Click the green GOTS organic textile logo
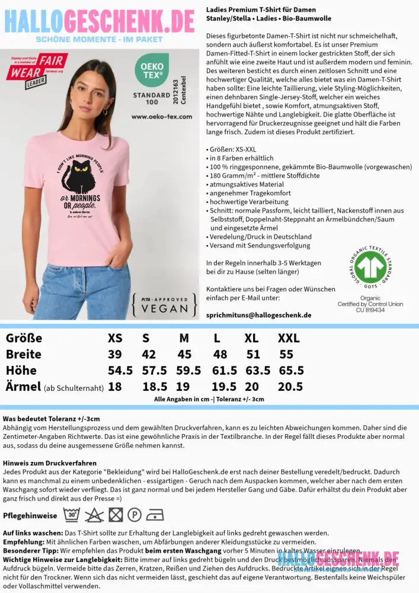[x=370, y=266]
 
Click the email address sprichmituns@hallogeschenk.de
[x=258, y=315]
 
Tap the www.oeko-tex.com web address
[x=162, y=117]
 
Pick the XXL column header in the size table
[x=289, y=339]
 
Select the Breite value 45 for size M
[x=184, y=355]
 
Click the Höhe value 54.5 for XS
[x=120, y=371]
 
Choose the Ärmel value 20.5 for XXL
[x=290, y=387]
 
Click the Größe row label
[x=24, y=339]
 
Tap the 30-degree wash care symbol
[x=72, y=515]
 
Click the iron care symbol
[x=155, y=515]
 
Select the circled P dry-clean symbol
[x=135, y=515]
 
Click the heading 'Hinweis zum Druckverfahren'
[x=49, y=463]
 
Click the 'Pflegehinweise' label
[x=30, y=516]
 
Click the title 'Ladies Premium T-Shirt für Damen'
[x=261, y=10]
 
